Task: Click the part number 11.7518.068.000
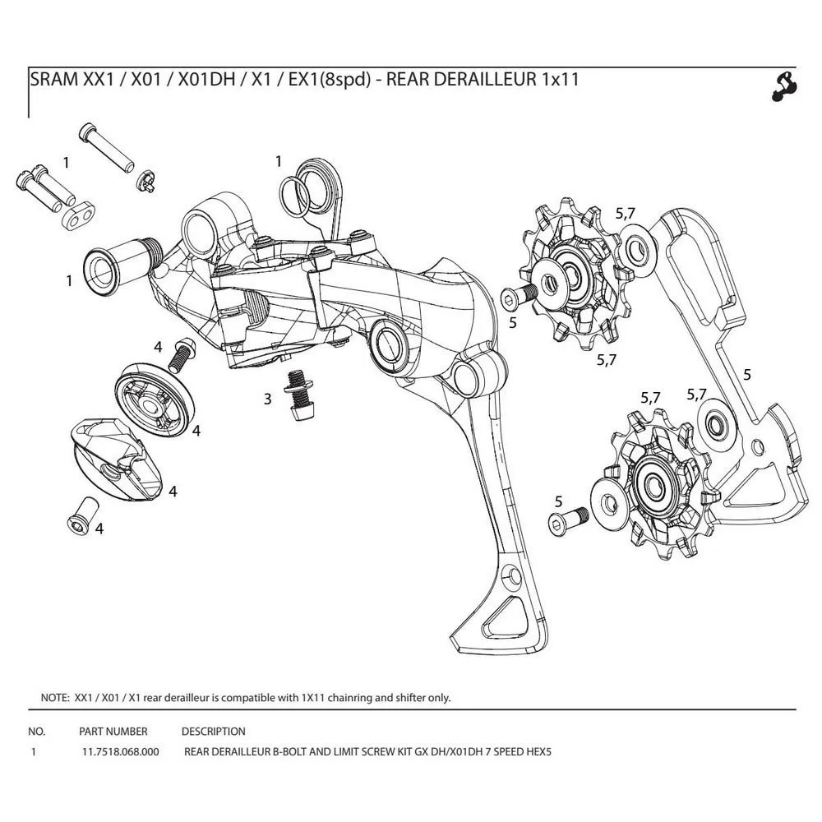point(121,751)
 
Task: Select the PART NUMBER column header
point(113,731)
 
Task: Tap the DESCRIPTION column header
point(213,731)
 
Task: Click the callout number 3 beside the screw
point(267,399)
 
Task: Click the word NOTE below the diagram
point(54,698)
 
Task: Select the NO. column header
point(36,731)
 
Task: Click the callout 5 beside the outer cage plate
point(746,374)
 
